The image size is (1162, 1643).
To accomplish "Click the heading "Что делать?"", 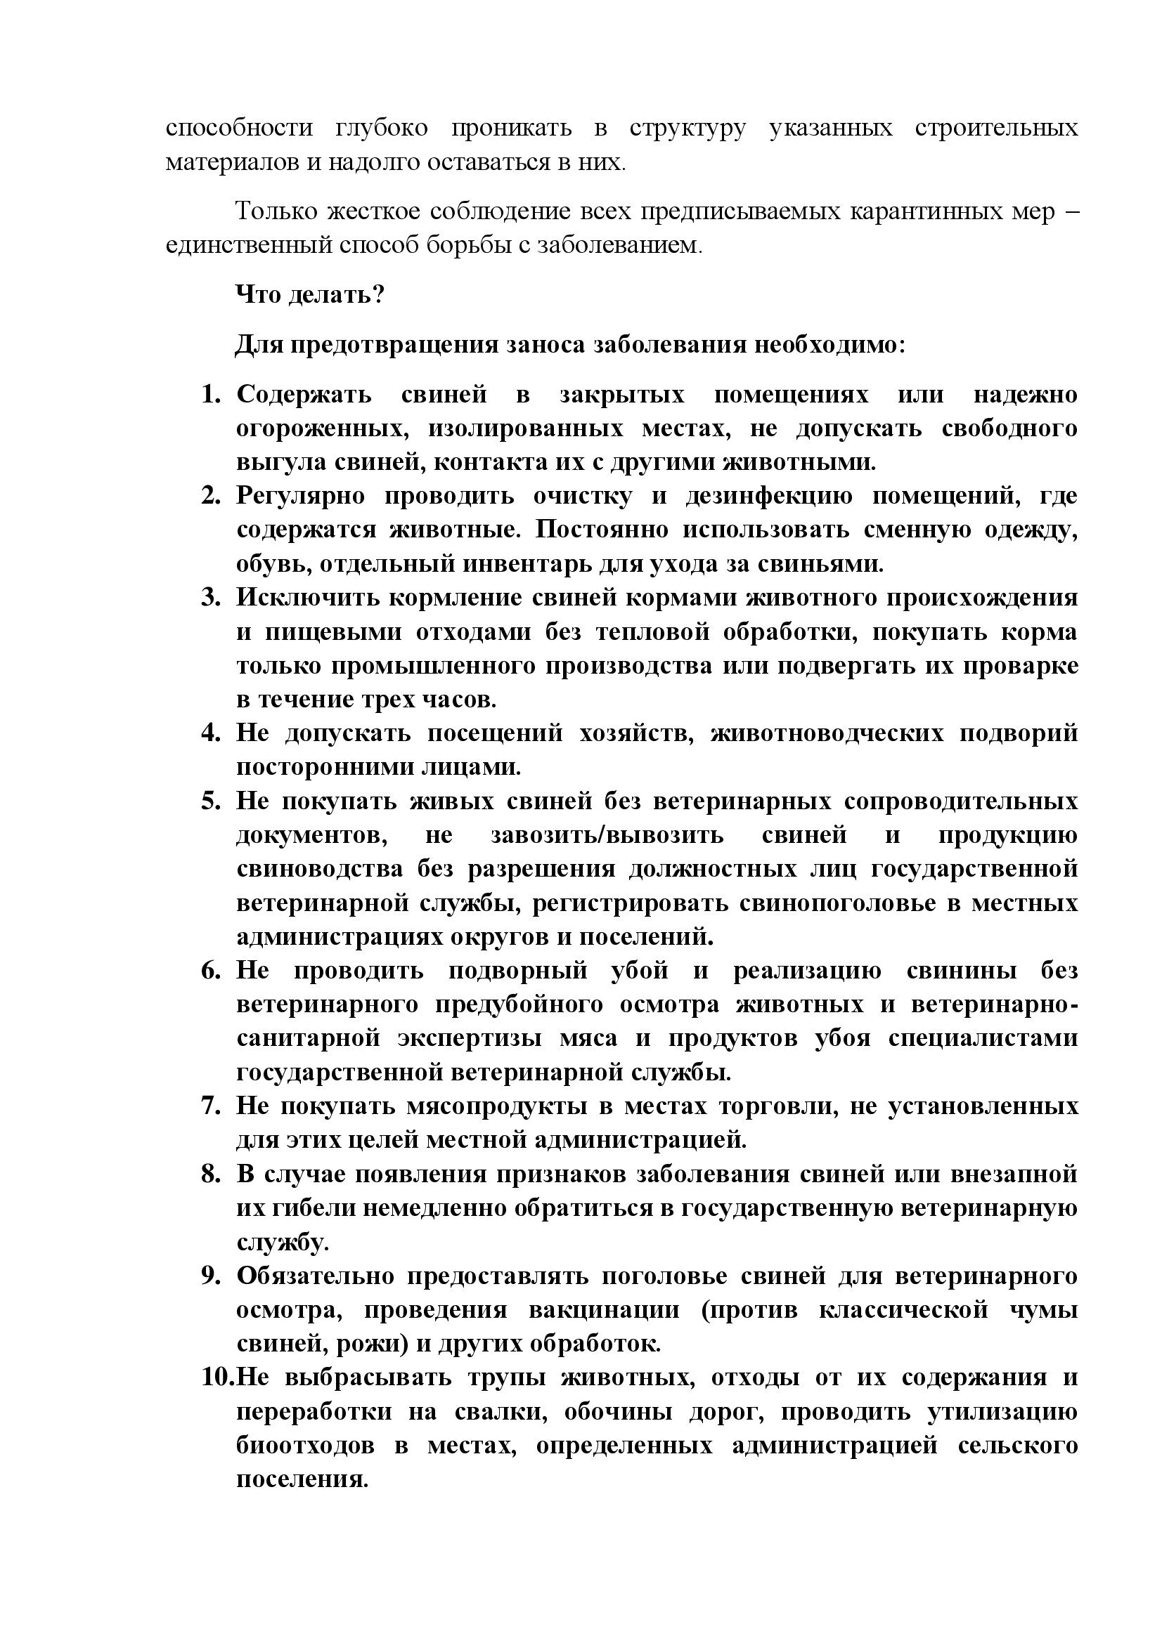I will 310,294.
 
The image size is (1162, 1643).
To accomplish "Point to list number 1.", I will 211,394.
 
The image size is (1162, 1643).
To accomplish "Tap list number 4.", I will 211,733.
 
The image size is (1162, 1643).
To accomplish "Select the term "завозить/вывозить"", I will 607,835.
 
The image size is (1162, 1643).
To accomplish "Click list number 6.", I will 211,971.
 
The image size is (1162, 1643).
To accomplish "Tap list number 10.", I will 217,1377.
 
